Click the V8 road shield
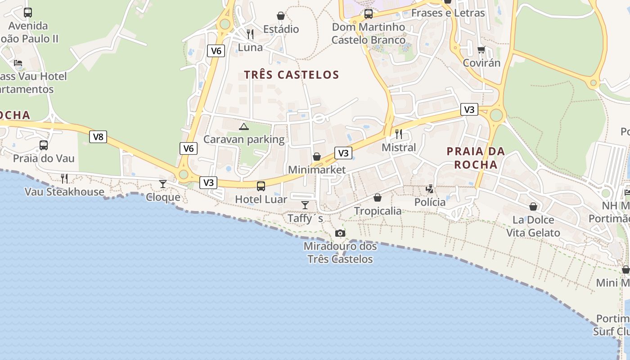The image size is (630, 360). click(x=98, y=137)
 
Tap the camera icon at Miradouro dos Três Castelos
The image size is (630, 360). click(x=340, y=233)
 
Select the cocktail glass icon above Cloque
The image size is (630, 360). click(x=163, y=184)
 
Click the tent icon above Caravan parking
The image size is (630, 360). click(x=244, y=126)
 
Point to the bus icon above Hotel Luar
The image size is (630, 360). click(x=261, y=186)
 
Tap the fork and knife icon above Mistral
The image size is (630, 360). click(x=398, y=134)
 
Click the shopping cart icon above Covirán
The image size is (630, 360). click(x=481, y=49)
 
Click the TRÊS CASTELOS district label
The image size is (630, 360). click(x=291, y=75)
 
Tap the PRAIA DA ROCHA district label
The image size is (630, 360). click(x=476, y=158)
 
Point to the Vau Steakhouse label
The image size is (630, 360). click(x=64, y=192)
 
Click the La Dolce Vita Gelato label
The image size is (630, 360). click(x=533, y=226)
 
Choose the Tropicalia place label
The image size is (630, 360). click(x=378, y=211)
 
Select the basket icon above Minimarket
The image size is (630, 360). click(x=317, y=157)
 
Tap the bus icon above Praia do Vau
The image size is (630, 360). click(x=44, y=145)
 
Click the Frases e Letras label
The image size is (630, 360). click(x=448, y=13)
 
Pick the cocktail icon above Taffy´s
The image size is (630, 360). click(x=305, y=205)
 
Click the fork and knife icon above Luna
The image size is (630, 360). click(x=250, y=34)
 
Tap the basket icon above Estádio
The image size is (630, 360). click(x=281, y=16)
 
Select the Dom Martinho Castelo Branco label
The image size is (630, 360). click(x=369, y=34)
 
